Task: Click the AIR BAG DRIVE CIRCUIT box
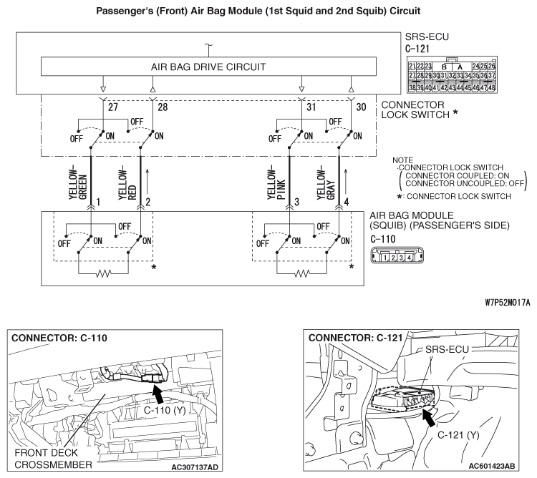click(208, 67)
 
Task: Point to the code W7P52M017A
click(504, 303)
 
